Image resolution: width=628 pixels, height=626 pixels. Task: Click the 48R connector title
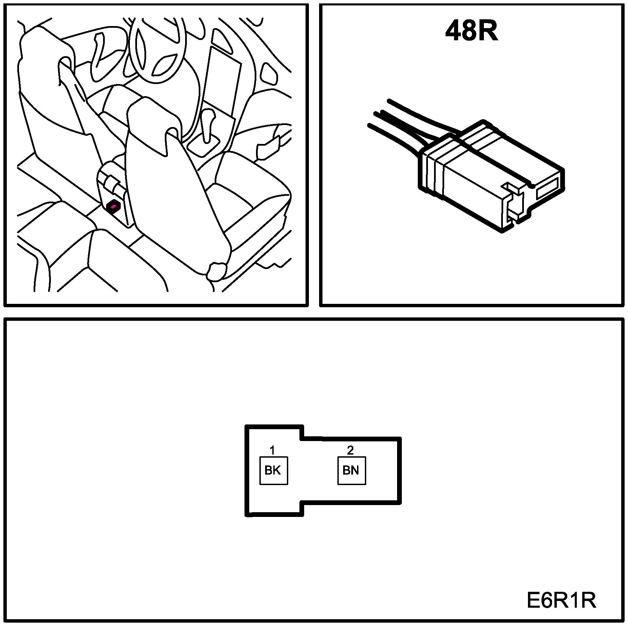(x=471, y=32)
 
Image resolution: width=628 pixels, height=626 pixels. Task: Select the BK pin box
(x=273, y=471)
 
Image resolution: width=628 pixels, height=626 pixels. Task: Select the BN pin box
(x=351, y=471)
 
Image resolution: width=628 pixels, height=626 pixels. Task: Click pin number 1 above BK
(x=272, y=450)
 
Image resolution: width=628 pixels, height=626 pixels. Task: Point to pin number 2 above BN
(x=350, y=450)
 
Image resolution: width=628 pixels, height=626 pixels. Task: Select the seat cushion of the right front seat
(x=248, y=193)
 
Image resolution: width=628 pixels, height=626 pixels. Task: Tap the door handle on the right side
(x=264, y=149)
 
